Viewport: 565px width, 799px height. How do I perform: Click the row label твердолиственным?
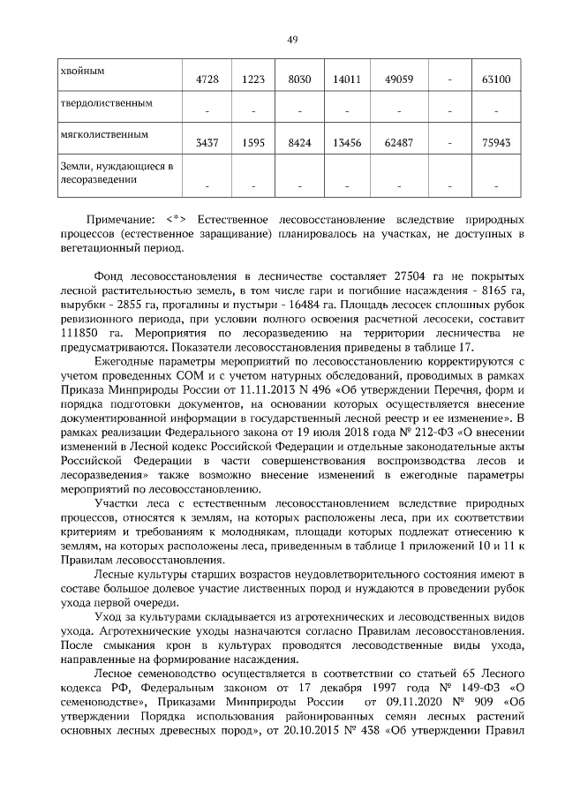tap(105, 102)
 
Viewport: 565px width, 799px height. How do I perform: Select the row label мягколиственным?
tap(102, 135)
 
